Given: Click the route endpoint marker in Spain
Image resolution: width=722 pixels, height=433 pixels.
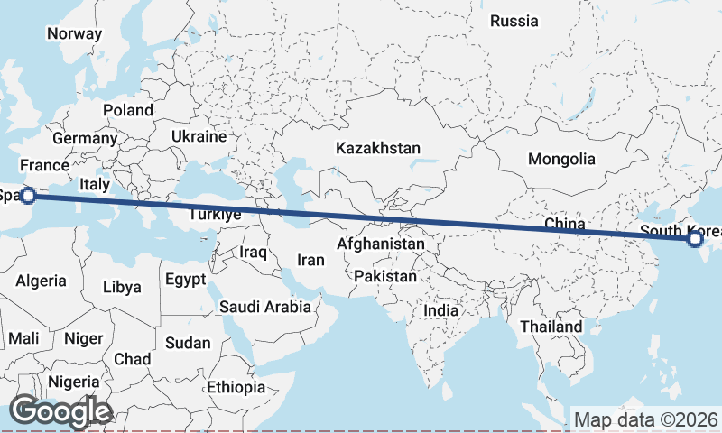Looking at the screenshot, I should coord(28,195).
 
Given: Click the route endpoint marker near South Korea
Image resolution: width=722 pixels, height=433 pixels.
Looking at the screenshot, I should coord(695,239).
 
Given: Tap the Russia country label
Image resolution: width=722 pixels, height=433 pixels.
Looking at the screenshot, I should coord(514,21).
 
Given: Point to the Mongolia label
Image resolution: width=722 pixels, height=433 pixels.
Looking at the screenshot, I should coord(561,159).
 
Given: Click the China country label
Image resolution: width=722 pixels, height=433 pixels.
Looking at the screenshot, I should coord(566,223).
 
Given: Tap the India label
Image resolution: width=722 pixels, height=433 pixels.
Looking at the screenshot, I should coord(441,310).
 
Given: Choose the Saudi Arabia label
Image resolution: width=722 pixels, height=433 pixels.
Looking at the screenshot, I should coord(265,307).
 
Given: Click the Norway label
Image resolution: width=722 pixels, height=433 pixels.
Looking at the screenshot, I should coord(74,33).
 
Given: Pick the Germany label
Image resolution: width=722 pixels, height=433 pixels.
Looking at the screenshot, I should coord(85,139).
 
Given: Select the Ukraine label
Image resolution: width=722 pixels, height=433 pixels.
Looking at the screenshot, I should coord(199,137).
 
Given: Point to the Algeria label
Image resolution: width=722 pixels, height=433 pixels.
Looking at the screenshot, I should coord(41,281).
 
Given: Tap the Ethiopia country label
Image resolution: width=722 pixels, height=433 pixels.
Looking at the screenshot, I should coord(236,388).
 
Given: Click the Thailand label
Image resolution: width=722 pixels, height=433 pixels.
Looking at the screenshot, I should coord(551,326).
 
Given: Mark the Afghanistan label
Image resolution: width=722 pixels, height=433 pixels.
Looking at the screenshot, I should coord(380,244).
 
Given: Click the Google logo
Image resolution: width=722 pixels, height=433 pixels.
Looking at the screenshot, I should coord(60,411).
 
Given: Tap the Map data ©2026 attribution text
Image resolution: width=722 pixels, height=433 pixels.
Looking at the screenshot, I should coord(645,419).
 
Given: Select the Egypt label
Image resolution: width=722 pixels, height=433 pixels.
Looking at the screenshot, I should coord(186,280).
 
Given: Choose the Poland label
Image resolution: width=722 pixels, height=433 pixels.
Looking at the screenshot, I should coord(128,110).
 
